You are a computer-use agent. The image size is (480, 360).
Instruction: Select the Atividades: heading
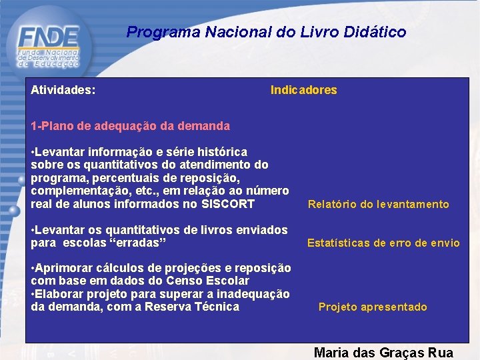click(63, 89)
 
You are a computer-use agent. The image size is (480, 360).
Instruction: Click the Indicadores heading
click(303, 90)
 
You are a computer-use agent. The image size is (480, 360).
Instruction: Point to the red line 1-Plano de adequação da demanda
click(130, 125)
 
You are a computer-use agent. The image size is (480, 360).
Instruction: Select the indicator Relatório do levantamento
click(378, 205)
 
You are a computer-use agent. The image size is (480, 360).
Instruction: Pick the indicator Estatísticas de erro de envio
click(383, 243)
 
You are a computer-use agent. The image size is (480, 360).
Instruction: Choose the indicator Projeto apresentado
click(373, 307)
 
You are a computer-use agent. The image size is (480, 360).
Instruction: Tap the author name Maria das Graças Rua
click(383, 353)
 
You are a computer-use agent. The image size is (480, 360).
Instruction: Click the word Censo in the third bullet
click(189, 281)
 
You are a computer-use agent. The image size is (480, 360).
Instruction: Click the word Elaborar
click(59, 294)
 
